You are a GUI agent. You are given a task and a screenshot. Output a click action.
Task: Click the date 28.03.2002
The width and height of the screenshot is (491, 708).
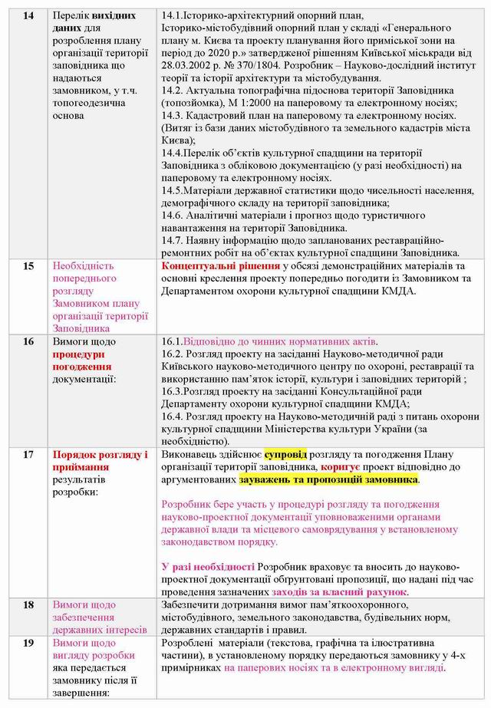[x=188, y=66]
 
